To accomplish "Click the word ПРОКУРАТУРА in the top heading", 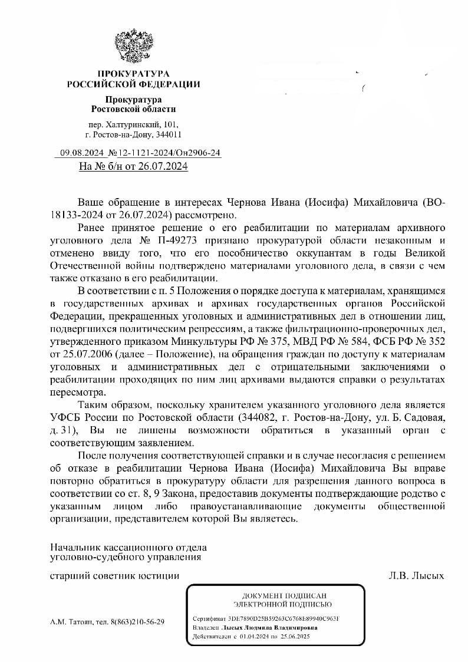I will (x=133, y=74).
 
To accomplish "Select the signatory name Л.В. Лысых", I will (x=416, y=575).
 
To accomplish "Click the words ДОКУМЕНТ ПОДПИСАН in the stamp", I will (x=284, y=595).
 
